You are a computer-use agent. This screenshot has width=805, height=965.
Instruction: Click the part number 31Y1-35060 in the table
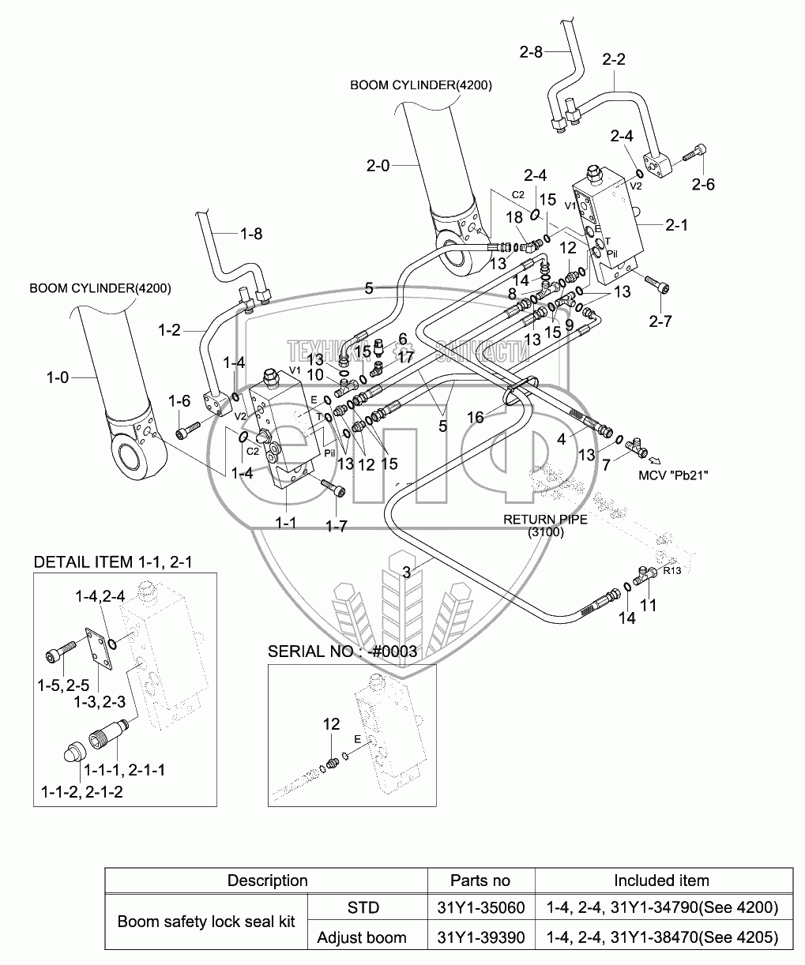coord(481,907)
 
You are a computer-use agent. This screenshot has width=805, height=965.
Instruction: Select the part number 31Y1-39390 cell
coord(481,937)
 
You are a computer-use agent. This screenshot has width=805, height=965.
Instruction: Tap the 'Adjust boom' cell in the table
coord(362,937)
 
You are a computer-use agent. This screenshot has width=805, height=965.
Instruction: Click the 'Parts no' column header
coord(480,881)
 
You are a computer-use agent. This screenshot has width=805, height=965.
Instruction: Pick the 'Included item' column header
coord(661,881)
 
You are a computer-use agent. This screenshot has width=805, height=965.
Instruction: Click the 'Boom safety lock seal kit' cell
coord(206,922)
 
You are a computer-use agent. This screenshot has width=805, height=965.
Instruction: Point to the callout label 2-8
coord(531,52)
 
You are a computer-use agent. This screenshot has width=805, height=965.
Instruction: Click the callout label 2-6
coord(703,185)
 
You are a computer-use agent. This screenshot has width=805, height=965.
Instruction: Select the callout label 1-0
coord(58,377)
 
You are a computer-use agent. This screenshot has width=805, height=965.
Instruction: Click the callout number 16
coord(475,417)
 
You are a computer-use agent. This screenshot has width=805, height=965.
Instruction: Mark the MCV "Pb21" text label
coord(673,475)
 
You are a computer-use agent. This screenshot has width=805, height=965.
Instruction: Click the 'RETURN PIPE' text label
coord(545,519)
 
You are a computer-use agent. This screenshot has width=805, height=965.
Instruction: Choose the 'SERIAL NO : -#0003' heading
coord(342,651)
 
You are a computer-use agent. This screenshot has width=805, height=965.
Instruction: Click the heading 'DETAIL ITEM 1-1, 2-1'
coord(113,562)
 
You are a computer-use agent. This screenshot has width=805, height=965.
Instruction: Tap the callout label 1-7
coord(337,526)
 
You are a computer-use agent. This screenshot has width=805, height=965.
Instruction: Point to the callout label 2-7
coord(660,321)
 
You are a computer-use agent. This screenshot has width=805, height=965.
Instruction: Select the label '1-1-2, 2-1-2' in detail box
coord(82,792)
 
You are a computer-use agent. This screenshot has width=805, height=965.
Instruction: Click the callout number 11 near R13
coord(648,606)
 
